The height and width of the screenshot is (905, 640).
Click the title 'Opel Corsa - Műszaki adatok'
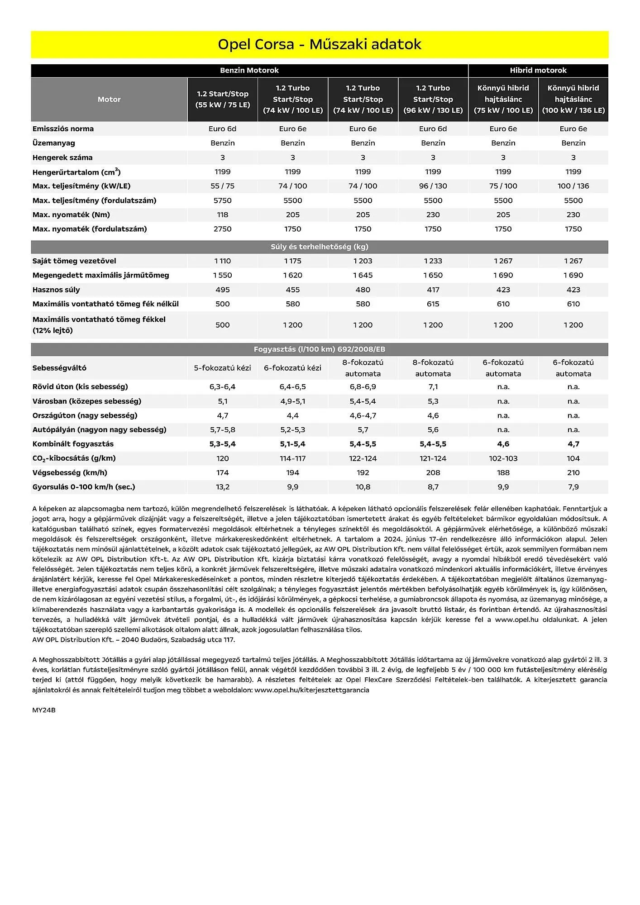(x=320, y=44)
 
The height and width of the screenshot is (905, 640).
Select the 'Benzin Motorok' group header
(x=249, y=70)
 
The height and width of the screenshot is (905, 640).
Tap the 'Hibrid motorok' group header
(x=538, y=70)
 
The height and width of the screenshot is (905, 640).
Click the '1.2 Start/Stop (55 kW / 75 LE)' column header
(x=223, y=99)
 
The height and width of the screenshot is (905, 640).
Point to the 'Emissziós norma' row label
(x=63, y=129)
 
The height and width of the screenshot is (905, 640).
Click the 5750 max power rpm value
(x=223, y=200)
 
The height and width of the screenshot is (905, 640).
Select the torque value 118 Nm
(x=223, y=214)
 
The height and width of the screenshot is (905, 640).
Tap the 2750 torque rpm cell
(x=223, y=229)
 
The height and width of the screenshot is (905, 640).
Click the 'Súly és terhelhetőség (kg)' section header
(x=320, y=247)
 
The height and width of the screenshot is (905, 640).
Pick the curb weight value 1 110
(x=223, y=261)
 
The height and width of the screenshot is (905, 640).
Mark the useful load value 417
(x=433, y=290)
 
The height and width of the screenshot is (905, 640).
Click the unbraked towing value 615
(x=433, y=304)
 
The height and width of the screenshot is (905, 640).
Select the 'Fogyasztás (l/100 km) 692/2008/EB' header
(x=320, y=349)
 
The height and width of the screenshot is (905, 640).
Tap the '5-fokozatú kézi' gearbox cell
(x=223, y=368)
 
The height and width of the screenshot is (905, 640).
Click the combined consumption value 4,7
(x=573, y=444)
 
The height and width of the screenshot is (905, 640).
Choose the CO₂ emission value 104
(x=573, y=458)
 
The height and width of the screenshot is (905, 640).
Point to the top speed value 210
(x=573, y=472)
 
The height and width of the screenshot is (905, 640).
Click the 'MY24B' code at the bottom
(x=44, y=710)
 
